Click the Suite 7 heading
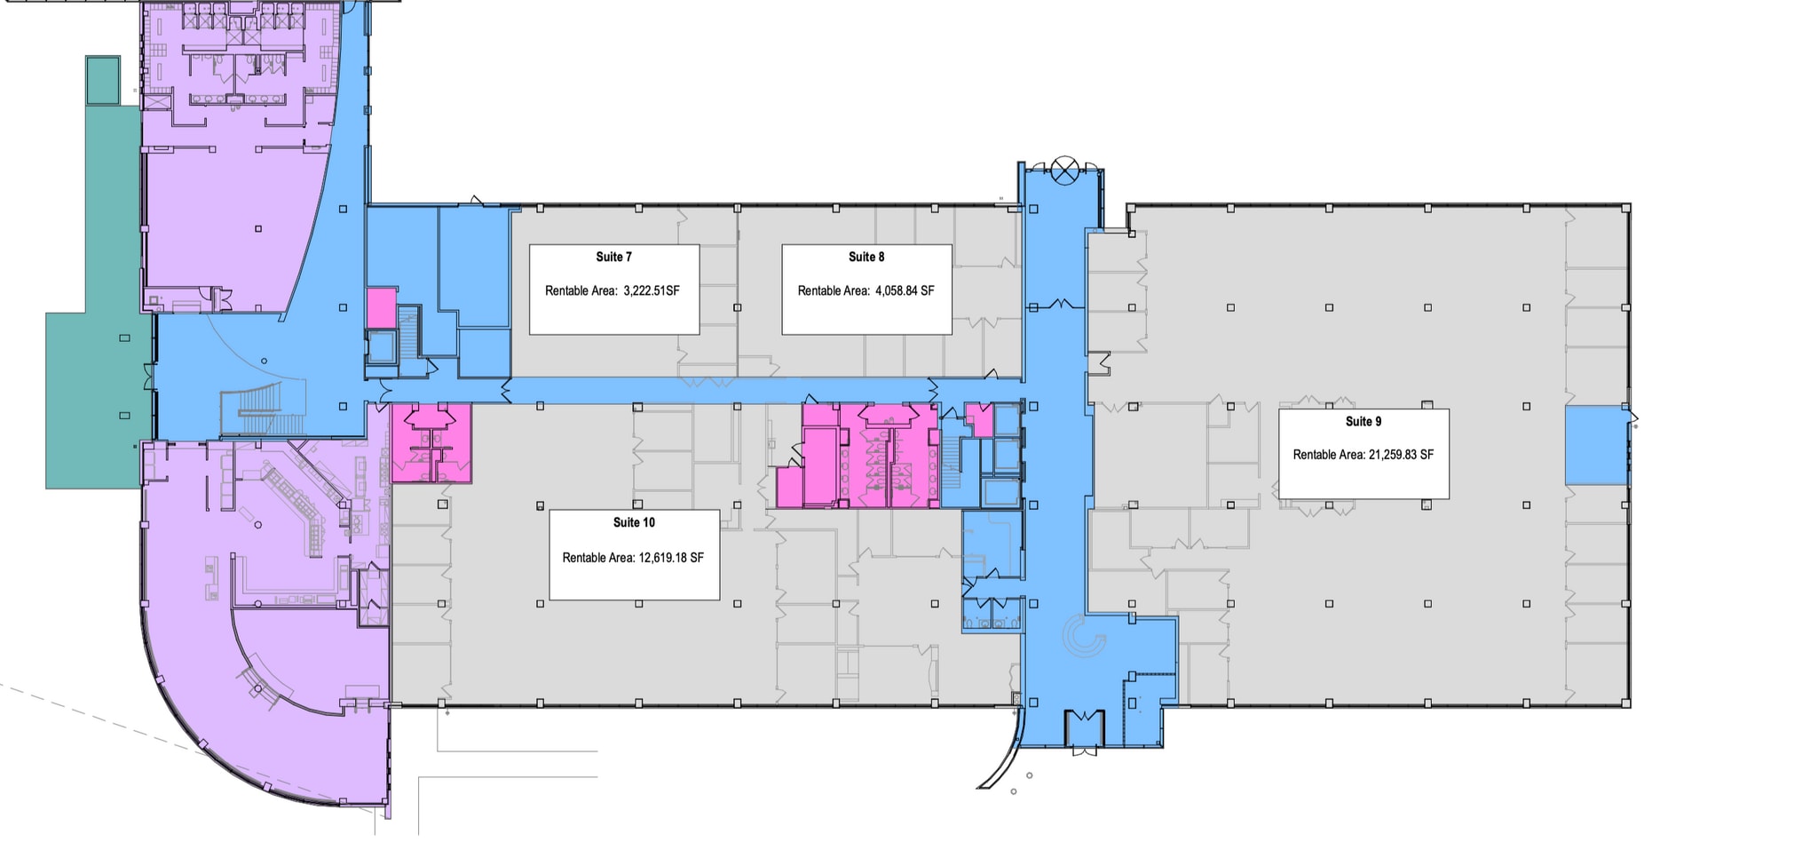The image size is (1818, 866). click(x=613, y=257)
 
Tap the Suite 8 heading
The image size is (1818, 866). click(x=866, y=257)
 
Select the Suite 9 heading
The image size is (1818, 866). click(x=1363, y=421)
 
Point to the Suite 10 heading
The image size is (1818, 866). click(x=634, y=522)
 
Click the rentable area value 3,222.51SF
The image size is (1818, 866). click(x=652, y=290)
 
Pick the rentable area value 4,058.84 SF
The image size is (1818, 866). click(x=905, y=290)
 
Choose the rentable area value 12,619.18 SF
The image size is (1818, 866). click(x=671, y=558)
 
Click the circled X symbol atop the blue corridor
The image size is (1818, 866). click(x=1063, y=169)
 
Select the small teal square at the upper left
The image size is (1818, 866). click(x=103, y=80)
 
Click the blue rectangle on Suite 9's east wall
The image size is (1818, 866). click(x=1596, y=445)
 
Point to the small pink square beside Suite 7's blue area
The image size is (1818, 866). click(x=382, y=307)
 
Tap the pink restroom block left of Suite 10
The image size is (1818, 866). click(x=431, y=443)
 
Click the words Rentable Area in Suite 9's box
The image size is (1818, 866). click(x=1328, y=455)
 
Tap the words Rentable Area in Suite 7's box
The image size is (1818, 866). click(x=580, y=290)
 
